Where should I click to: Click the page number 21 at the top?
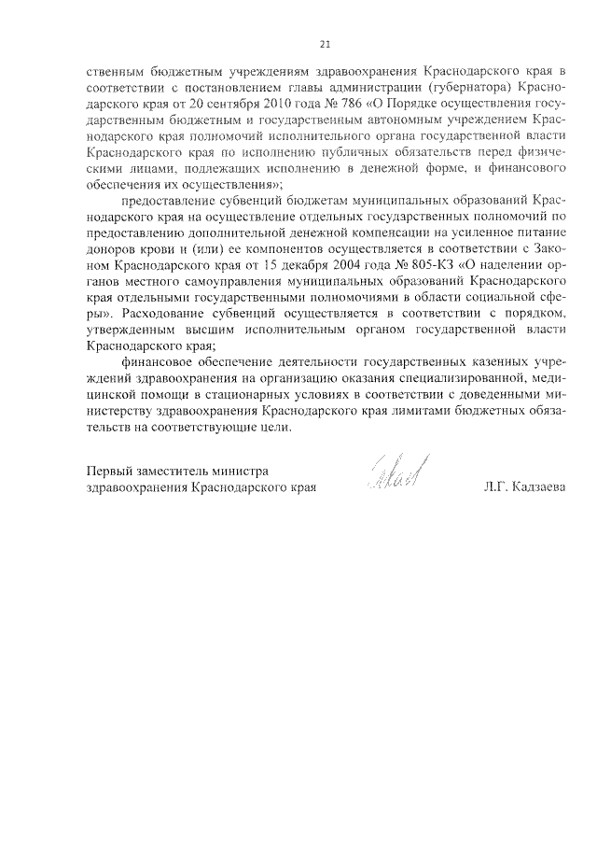click(325, 43)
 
